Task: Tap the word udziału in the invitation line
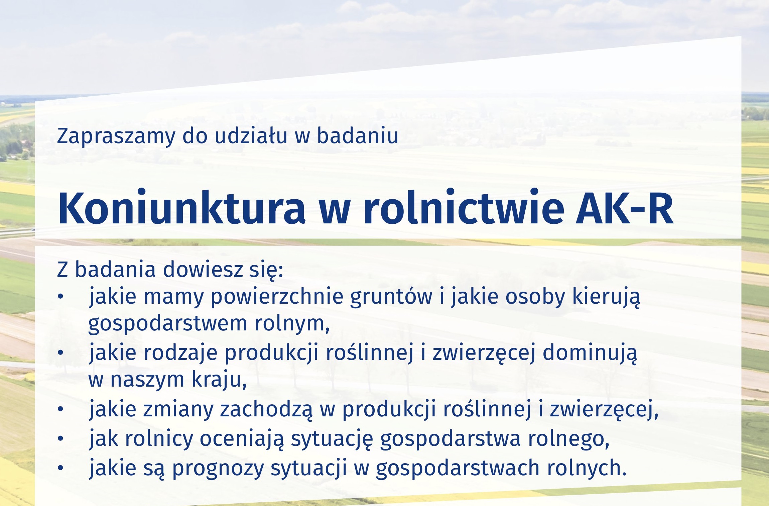[x=251, y=135]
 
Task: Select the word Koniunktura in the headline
[x=181, y=207]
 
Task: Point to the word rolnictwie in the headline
[x=464, y=207]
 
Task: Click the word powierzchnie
[x=277, y=297]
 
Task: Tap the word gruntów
[x=391, y=297]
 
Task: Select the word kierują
[x=606, y=297]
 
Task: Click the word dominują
[x=590, y=353]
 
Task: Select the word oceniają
[x=242, y=439]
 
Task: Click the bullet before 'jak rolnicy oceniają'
[x=60, y=438]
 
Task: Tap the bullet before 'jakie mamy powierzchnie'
[x=60, y=296]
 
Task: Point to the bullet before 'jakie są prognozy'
[x=60, y=468]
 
